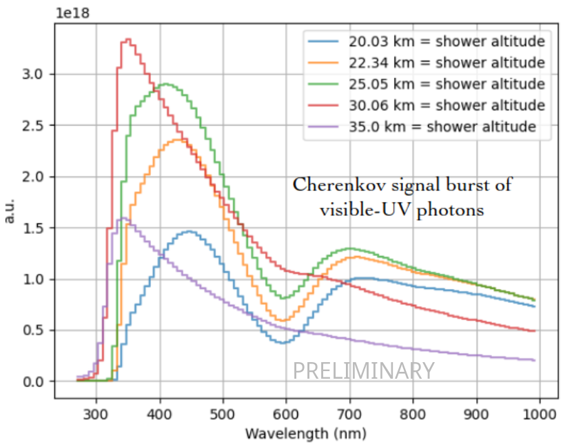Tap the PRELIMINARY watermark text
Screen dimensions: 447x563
pos(364,370)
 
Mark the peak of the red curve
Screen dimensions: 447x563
pos(128,41)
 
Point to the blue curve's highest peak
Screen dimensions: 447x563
pos(188,232)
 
